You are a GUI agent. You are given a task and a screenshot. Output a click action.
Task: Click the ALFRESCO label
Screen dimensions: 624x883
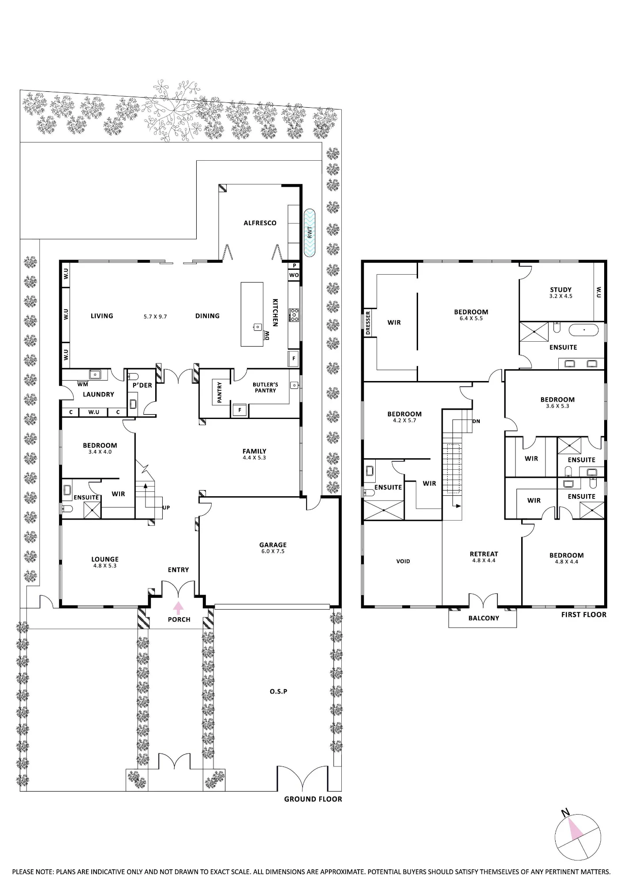(x=260, y=223)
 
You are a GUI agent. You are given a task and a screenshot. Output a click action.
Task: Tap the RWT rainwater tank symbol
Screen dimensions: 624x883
(x=310, y=233)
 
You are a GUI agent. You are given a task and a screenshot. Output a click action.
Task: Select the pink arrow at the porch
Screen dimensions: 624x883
(x=178, y=608)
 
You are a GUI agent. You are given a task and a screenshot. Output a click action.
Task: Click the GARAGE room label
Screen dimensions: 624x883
(x=273, y=545)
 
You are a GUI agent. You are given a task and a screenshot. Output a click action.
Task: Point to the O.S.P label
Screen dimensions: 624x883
(x=278, y=691)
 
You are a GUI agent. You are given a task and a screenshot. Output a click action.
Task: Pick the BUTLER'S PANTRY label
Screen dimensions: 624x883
(x=265, y=388)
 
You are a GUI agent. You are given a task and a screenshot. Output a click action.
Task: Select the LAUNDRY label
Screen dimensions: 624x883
(x=98, y=394)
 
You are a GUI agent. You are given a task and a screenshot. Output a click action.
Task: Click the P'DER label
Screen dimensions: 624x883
(x=142, y=385)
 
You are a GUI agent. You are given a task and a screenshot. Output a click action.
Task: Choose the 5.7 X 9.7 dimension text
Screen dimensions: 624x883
(x=155, y=317)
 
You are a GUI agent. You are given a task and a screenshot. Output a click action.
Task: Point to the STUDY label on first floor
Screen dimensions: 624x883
(x=561, y=290)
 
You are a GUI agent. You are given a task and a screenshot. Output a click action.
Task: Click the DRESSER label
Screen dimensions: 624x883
(x=368, y=324)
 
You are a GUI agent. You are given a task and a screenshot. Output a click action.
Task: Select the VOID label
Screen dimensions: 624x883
(x=403, y=562)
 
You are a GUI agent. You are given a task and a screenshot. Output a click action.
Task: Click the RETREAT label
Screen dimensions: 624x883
(x=484, y=554)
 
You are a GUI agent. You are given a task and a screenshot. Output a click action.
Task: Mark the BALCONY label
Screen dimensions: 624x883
(x=484, y=618)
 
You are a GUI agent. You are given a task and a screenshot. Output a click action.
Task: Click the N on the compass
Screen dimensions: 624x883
(x=565, y=812)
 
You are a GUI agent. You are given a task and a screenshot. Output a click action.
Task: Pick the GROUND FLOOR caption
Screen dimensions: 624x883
(x=313, y=799)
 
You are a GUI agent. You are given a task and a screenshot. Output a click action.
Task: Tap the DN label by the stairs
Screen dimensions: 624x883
(x=476, y=421)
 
